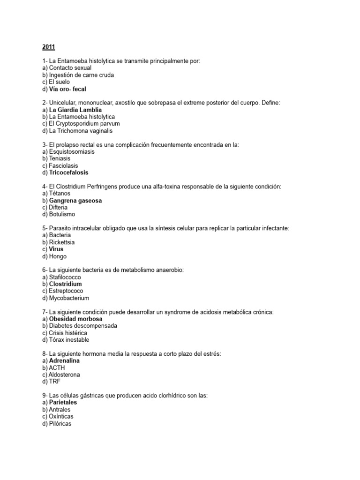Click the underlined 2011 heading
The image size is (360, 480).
[48, 47]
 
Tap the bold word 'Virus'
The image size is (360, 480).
[56, 249]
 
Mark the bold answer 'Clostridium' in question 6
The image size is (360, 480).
[65, 284]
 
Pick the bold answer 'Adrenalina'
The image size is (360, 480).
[64, 361]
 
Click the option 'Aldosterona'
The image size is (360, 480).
[64, 375]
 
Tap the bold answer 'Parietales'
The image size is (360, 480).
[63, 403]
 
